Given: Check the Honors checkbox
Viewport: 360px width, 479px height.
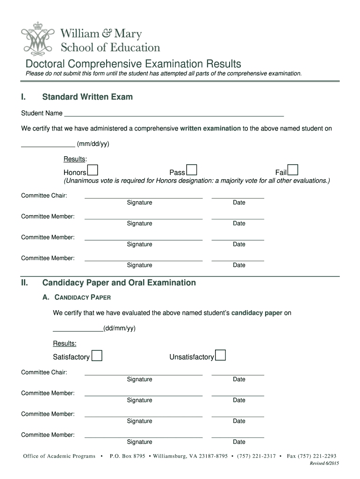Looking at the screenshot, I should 93,170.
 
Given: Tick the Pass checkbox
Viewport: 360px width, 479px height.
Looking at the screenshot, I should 191,170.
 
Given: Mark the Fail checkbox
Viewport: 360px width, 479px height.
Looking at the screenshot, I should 293,170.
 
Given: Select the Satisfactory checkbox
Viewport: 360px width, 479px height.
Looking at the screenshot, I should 97,356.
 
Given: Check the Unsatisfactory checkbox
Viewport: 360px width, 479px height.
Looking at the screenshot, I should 220,356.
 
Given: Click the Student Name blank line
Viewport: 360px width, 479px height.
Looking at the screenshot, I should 174,114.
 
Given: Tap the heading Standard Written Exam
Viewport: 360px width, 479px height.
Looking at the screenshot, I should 87,97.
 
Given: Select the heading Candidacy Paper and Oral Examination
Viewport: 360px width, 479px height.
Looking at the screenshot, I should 119,283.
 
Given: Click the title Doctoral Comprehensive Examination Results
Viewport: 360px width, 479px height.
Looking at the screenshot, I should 133,64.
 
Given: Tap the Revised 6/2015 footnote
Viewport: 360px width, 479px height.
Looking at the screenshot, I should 324,463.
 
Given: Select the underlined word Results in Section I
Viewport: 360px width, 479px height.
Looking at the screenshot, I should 75,159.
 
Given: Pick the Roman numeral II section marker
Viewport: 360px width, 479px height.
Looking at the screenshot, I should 24,283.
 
